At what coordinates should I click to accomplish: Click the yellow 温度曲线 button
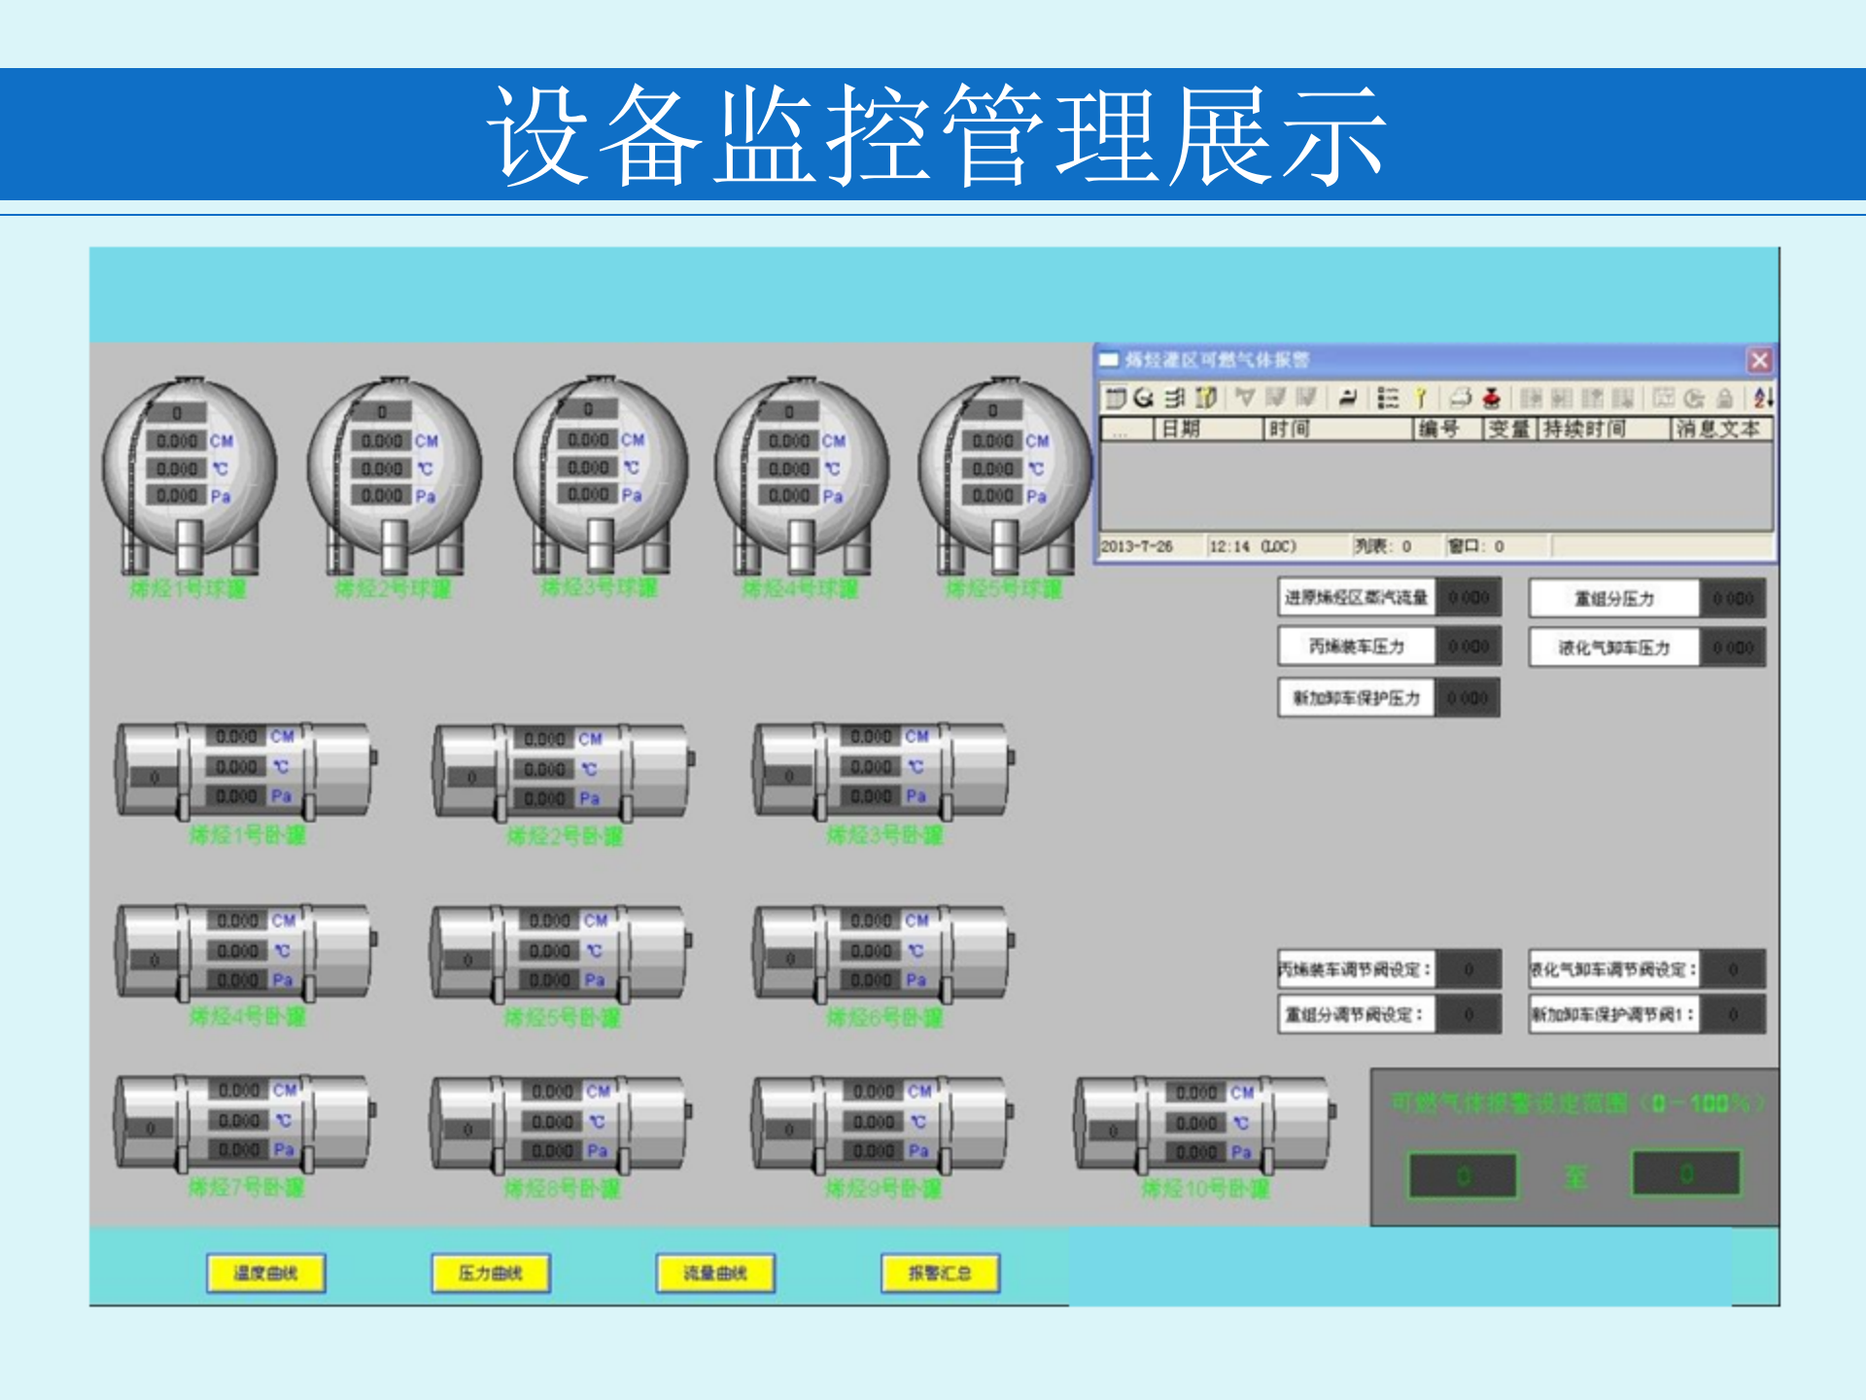265,1273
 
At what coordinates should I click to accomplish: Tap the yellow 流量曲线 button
715,1273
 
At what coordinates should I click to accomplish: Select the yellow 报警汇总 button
940,1273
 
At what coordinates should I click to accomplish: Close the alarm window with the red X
1759,361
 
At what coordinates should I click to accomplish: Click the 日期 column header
1181,429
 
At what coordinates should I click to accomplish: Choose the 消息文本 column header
1718,429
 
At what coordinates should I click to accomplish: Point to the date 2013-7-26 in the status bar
1136,546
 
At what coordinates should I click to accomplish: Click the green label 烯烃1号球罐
188,589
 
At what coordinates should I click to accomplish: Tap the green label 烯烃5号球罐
1004,589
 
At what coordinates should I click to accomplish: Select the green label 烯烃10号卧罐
1205,1188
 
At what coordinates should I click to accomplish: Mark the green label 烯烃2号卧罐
565,836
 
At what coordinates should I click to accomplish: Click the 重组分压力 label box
1613,599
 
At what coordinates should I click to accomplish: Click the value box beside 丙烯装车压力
1468,647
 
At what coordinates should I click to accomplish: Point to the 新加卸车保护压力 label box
1356,698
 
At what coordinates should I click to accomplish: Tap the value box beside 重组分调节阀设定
1469,1015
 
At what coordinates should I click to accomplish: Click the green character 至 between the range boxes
1575,1177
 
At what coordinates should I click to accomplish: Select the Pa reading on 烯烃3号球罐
589,495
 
